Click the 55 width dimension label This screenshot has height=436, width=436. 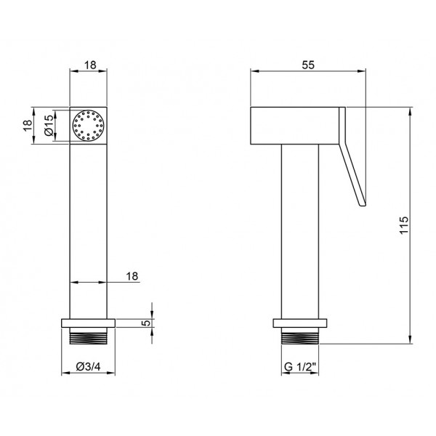click(x=308, y=65)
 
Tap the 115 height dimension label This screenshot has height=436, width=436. click(x=404, y=225)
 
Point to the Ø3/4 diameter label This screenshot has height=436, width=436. click(x=88, y=367)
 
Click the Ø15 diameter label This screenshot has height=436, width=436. click(x=49, y=126)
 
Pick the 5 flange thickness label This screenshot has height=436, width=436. click(x=146, y=323)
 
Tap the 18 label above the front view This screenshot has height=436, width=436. click(x=90, y=65)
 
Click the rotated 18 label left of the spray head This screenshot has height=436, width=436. click(x=28, y=126)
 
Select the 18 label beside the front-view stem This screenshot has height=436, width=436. click(x=132, y=276)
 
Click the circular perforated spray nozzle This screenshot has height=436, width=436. click(x=88, y=126)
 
